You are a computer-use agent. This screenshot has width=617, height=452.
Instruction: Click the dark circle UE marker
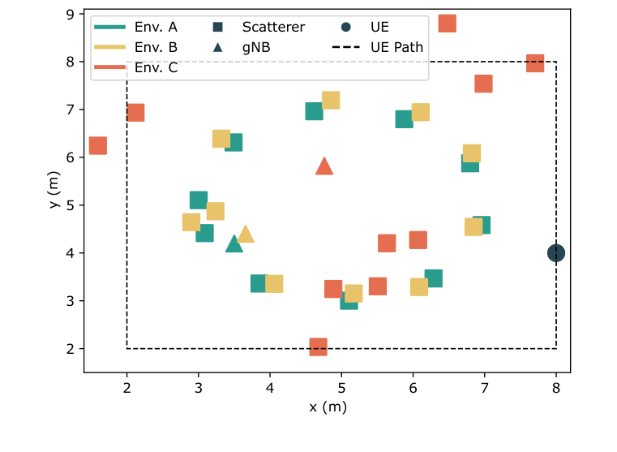click(x=556, y=253)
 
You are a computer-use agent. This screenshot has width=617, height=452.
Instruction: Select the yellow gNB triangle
click(x=246, y=235)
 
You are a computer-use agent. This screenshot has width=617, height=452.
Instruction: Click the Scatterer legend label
click(x=273, y=27)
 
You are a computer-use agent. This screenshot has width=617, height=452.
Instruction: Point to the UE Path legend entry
click(x=396, y=47)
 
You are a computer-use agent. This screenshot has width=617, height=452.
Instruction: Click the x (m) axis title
click(x=328, y=407)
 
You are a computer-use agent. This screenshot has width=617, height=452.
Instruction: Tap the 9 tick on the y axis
click(x=72, y=14)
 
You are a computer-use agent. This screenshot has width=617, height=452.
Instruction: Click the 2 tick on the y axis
click(x=72, y=349)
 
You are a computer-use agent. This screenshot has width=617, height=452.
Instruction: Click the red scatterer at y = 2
click(x=318, y=347)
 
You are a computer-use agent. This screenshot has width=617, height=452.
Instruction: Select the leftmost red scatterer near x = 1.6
click(x=98, y=145)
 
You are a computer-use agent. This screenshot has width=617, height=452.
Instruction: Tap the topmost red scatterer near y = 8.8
click(x=447, y=23)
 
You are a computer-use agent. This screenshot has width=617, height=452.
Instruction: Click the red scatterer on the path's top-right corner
click(x=535, y=62)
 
